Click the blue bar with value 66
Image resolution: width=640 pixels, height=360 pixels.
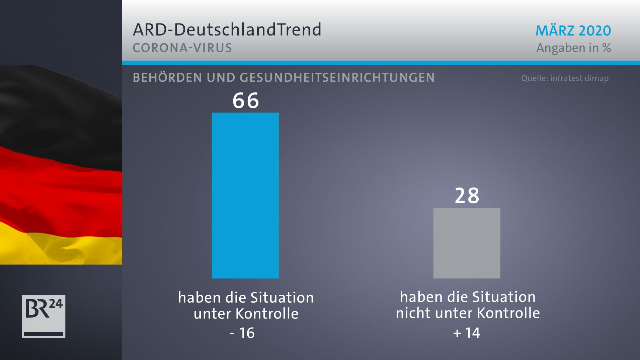point(245,195)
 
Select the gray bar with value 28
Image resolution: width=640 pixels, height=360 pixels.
point(467,243)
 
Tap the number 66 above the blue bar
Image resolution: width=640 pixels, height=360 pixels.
point(246,100)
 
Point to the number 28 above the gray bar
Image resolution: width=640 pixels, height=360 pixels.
point(467,196)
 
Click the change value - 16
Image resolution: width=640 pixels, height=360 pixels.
point(242,333)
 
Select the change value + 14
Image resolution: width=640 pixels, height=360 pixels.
point(467,333)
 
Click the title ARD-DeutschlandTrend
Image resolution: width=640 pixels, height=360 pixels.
point(227,30)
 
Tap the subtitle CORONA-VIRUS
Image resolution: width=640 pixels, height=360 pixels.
point(182,48)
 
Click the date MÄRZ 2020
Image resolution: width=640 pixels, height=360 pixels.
point(573,31)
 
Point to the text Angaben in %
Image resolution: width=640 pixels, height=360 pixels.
point(573,48)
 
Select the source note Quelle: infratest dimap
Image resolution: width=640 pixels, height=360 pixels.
point(565,78)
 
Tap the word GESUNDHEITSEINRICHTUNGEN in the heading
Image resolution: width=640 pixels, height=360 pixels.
point(337,78)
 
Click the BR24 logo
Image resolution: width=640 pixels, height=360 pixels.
point(44,316)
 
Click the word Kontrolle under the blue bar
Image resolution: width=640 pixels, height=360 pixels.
point(267,314)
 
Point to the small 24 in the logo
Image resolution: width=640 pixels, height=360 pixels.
point(56,304)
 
